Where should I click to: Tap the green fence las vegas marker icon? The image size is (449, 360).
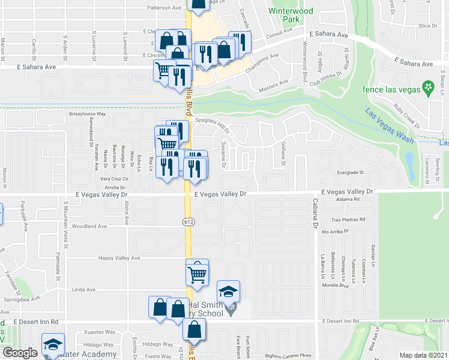[x=429, y=88]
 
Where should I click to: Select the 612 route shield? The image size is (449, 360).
[x=188, y=222]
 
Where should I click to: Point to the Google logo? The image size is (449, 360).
[x=20, y=353]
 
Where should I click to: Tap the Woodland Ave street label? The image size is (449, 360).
[x=89, y=227]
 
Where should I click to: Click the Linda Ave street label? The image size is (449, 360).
[x=84, y=290]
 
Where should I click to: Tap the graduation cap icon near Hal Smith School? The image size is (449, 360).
[x=228, y=291]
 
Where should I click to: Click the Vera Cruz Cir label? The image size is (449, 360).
[x=113, y=179]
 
